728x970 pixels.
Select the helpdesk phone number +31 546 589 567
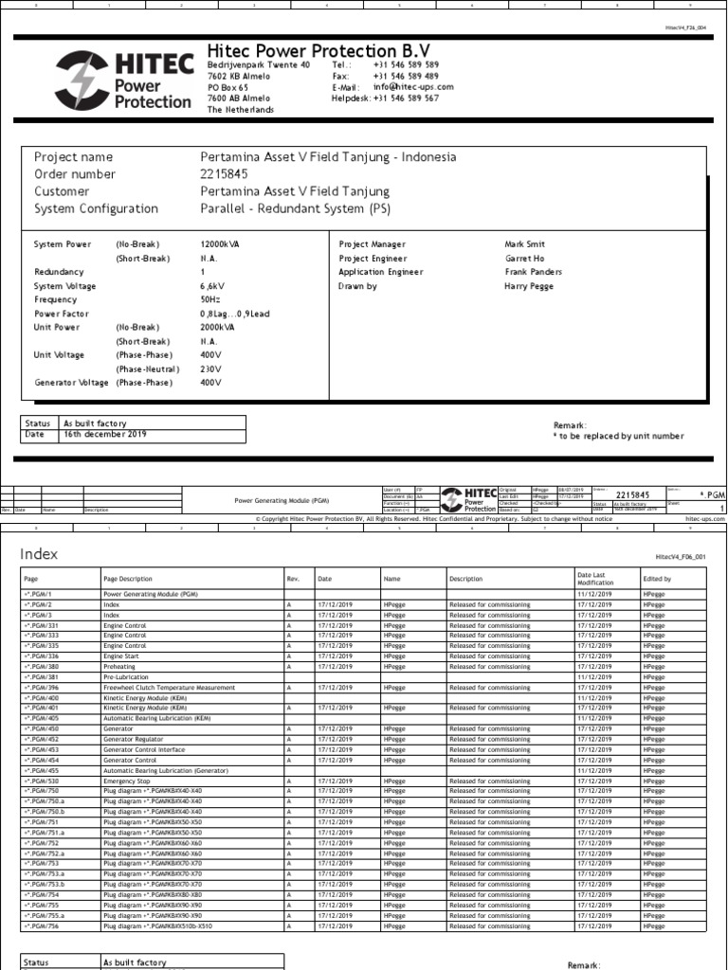[406, 98]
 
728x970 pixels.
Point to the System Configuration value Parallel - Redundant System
[295, 208]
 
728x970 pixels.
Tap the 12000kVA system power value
[220, 243]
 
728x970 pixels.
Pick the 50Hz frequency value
[210, 299]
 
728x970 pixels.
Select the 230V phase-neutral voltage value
[210, 368]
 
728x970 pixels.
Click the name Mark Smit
[524, 243]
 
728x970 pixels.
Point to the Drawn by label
[357, 285]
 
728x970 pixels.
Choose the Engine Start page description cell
[123, 656]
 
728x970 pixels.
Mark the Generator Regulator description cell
[133, 739]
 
